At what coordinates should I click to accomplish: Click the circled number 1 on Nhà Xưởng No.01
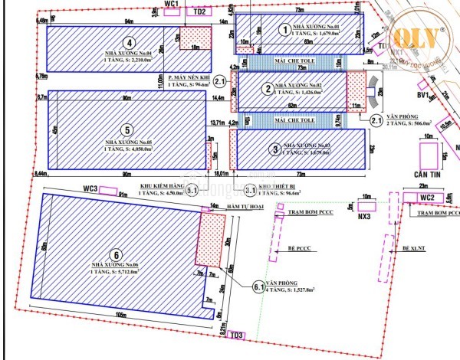(x=285, y=30)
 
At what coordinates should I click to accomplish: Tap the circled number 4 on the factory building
(x=130, y=43)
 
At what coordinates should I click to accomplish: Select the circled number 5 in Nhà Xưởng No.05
(x=128, y=130)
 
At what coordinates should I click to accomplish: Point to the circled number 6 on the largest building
(x=116, y=255)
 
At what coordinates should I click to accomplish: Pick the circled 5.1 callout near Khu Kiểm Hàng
(x=192, y=188)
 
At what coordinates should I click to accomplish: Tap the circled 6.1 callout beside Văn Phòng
(x=258, y=286)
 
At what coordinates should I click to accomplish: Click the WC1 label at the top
(x=171, y=4)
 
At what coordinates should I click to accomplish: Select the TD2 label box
(x=199, y=11)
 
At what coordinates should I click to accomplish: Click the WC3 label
(x=91, y=188)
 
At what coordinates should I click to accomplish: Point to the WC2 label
(x=427, y=198)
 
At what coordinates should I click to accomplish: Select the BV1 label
(x=422, y=96)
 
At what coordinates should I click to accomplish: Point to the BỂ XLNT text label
(x=414, y=248)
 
